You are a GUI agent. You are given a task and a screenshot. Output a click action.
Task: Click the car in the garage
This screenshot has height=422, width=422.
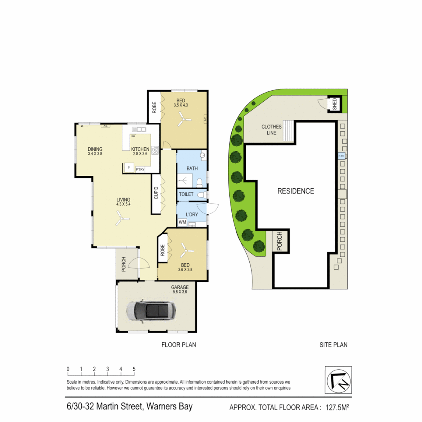click(151, 311)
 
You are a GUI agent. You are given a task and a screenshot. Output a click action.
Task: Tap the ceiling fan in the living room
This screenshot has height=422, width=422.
click(122, 219)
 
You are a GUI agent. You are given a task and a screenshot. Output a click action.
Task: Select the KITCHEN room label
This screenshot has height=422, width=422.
click(140, 149)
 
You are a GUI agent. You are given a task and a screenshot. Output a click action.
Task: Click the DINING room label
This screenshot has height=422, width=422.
click(95, 149)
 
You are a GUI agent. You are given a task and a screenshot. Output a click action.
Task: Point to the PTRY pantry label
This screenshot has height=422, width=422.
click(140, 169)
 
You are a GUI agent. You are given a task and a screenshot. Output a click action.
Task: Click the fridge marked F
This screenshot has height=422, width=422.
click(128, 168)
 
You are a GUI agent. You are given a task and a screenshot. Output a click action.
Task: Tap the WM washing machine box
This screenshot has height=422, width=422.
click(182, 222)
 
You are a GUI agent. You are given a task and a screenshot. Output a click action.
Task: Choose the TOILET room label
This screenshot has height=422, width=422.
click(186, 194)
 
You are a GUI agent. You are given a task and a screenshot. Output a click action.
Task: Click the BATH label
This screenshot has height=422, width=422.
click(192, 168)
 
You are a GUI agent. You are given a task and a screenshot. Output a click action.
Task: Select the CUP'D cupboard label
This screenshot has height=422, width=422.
click(156, 193)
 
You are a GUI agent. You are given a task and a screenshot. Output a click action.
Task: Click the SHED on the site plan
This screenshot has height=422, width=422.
click(334, 104)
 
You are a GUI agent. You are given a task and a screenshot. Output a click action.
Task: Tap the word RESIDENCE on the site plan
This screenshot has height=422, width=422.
click(296, 191)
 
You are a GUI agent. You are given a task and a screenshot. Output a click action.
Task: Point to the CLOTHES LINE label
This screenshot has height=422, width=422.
click(272, 130)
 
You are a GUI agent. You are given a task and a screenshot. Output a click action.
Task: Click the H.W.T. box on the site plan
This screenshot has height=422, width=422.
click(342, 156)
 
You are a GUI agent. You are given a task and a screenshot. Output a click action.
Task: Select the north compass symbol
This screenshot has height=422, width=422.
click(338, 379)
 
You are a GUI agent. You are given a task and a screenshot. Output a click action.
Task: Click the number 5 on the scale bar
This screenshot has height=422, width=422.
click(134, 369)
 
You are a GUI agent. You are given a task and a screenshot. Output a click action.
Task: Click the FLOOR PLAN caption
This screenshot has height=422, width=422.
click(179, 345)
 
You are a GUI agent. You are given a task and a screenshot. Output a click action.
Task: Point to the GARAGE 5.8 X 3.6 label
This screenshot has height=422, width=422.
click(180, 290)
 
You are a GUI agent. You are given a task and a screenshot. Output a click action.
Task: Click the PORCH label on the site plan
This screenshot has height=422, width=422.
click(279, 241)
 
